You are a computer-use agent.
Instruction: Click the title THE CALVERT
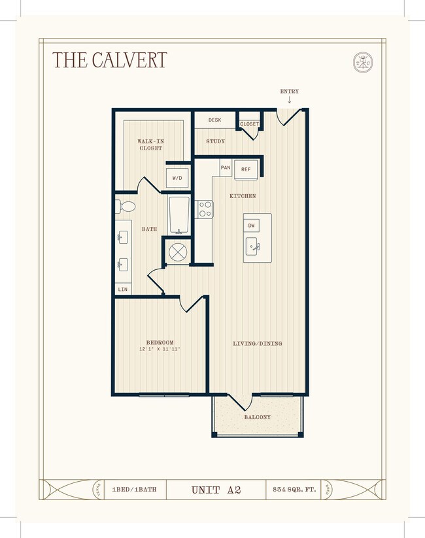[109, 60]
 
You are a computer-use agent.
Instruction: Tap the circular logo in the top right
[363, 61]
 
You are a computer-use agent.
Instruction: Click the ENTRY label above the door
[289, 92]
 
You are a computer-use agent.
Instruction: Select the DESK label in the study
[215, 120]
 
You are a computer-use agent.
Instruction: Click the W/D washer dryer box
[177, 178]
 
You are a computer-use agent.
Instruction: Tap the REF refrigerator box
[246, 169]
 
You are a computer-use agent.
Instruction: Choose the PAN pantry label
[226, 168]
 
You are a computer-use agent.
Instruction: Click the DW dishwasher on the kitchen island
[252, 226]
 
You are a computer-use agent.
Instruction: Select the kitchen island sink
[252, 247]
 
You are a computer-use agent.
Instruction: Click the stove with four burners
[205, 209]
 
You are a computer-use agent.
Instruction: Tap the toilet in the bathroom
[126, 207]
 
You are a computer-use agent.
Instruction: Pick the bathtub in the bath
[178, 215]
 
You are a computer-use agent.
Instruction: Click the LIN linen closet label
[123, 289]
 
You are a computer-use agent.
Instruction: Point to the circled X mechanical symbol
[177, 252]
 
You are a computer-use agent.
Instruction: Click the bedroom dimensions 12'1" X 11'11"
[160, 350]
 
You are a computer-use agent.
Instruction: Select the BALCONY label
[258, 417]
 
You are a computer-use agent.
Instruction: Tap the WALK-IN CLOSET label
[150, 144]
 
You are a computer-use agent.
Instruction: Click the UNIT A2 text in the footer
[216, 489]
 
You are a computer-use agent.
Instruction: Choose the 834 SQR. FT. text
[294, 489]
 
